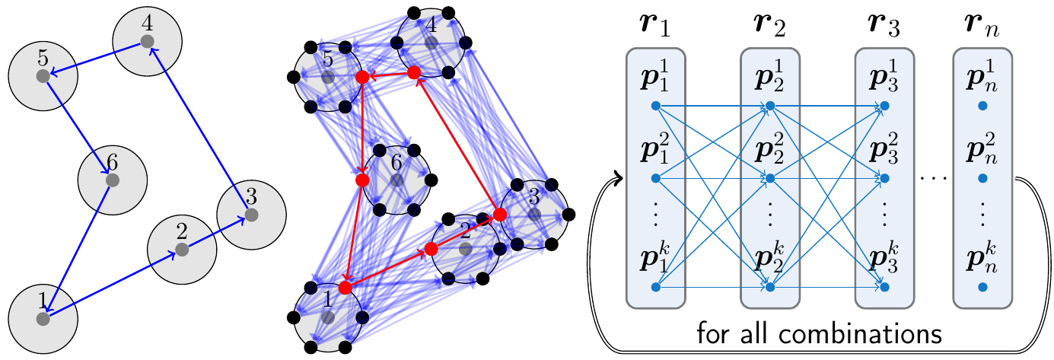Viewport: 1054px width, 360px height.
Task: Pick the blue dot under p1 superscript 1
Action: pos(655,106)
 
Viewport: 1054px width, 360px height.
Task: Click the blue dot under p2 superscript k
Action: pos(769,288)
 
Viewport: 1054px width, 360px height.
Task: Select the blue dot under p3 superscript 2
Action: pos(884,179)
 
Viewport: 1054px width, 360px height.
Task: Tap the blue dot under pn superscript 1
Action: pos(982,106)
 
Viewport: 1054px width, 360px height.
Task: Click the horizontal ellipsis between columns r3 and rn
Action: pos(933,178)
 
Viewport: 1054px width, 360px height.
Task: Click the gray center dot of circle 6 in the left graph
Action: pos(113,180)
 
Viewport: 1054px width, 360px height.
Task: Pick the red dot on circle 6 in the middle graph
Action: pos(361,180)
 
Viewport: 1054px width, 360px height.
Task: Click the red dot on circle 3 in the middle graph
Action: pos(499,215)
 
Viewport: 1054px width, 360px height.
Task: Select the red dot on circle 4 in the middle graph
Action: pos(414,73)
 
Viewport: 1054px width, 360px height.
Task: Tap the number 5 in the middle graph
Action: pos(327,59)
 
